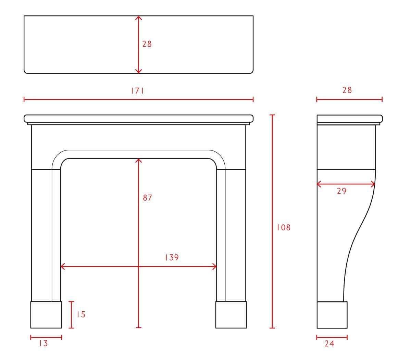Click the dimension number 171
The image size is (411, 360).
137,91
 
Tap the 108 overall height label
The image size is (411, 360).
284,228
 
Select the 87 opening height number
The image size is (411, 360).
147,198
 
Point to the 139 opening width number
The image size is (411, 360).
172,257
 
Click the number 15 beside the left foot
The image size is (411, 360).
81,314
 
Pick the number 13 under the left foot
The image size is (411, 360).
43,343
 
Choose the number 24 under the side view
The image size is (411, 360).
329,344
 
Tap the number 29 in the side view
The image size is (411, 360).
342,191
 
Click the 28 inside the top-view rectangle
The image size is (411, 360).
147,44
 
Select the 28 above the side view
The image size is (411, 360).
347,90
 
